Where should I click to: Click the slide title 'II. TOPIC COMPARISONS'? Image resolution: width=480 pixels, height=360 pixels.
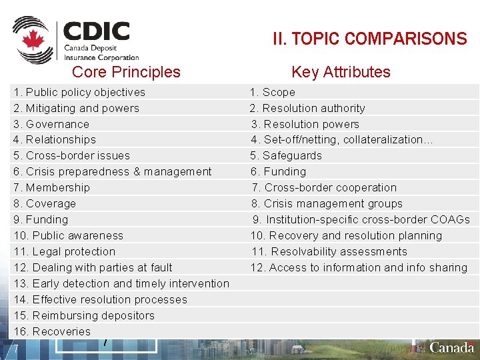click(370, 39)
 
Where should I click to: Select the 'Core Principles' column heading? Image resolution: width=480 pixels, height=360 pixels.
click(126, 72)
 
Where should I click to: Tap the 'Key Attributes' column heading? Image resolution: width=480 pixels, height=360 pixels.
click(341, 72)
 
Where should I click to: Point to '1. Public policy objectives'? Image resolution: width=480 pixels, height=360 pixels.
click(79, 92)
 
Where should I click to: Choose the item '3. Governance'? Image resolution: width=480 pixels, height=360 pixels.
click(51, 124)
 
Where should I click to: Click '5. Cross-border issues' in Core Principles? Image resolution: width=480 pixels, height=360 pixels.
click(72, 155)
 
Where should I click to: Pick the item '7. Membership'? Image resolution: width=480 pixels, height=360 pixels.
click(52, 187)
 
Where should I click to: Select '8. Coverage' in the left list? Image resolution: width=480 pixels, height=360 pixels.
click(45, 203)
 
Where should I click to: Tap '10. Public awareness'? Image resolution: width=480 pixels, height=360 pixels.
click(69, 235)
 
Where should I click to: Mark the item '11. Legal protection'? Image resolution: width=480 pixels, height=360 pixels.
click(65, 251)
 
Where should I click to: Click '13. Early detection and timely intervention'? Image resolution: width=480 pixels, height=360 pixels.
click(122, 283)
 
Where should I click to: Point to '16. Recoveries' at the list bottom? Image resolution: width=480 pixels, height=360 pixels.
click(53, 331)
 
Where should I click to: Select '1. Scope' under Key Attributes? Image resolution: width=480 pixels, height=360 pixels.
click(273, 92)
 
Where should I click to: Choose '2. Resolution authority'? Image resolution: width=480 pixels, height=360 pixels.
click(308, 108)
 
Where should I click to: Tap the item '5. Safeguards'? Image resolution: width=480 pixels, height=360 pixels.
click(286, 155)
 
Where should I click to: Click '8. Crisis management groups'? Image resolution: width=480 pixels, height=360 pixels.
click(327, 203)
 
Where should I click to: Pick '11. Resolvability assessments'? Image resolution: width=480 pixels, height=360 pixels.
click(329, 251)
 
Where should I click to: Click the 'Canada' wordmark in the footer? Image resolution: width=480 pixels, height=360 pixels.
click(452, 347)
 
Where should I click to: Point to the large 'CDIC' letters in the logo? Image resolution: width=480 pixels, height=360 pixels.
click(97, 31)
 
